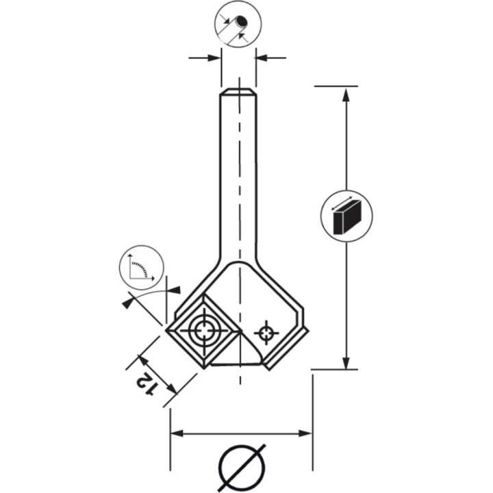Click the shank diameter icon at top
pos(236,24)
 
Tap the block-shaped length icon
pos(346,214)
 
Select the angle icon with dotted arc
pos(142,267)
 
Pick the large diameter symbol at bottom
pos(242,468)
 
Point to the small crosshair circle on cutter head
pos(265,333)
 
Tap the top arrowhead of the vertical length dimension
pos(346,94)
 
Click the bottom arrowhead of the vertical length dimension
pos(346,363)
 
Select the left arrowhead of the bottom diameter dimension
pos(177,433)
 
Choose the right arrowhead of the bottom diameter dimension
pos(305,433)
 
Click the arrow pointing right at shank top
pos(214,58)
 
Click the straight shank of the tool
pos(238,178)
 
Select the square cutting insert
pos(203,331)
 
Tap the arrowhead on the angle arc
pos(128,301)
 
